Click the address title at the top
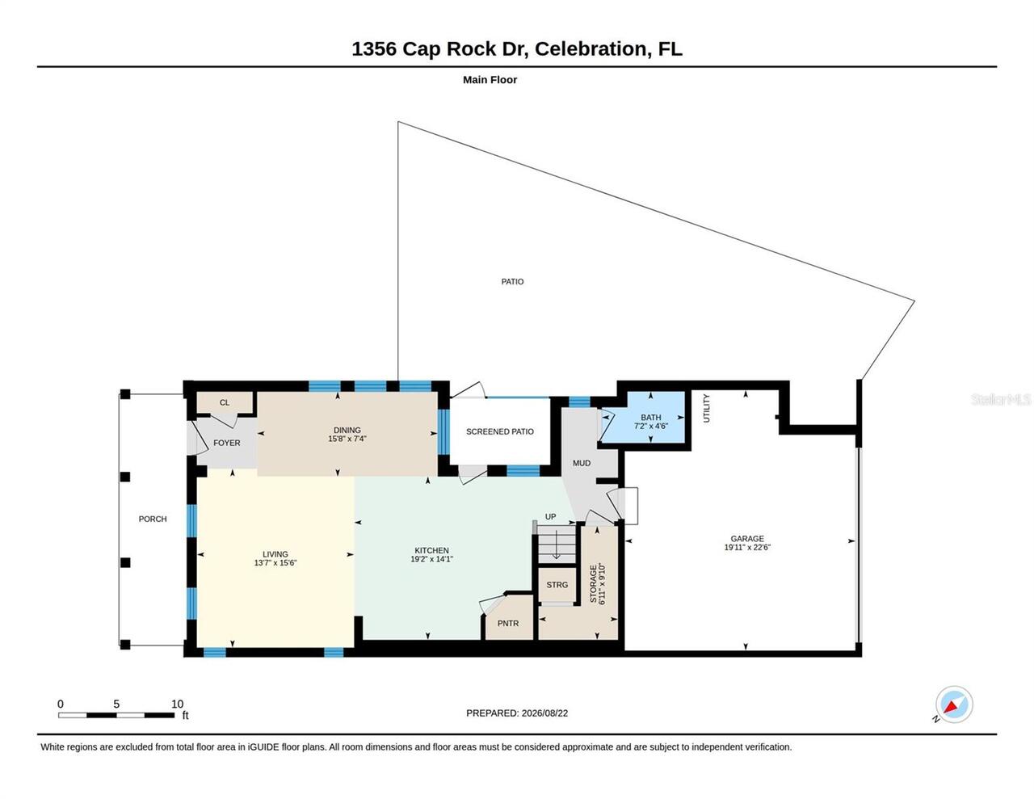point(517,49)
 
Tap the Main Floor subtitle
point(490,79)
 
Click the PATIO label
point(512,282)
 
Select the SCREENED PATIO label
point(499,431)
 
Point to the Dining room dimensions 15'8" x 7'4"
point(347,439)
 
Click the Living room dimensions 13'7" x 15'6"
point(275,563)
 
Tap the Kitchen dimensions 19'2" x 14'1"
point(431,559)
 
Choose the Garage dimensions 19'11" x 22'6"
point(747,547)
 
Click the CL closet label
point(225,402)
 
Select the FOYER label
point(226,443)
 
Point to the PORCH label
point(153,519)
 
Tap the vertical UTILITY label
point(706,408)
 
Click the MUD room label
point(582,463)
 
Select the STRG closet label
point(557,585)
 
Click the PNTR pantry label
point(508,624)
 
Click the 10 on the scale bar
point(177,704)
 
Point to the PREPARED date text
point(517,713)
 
